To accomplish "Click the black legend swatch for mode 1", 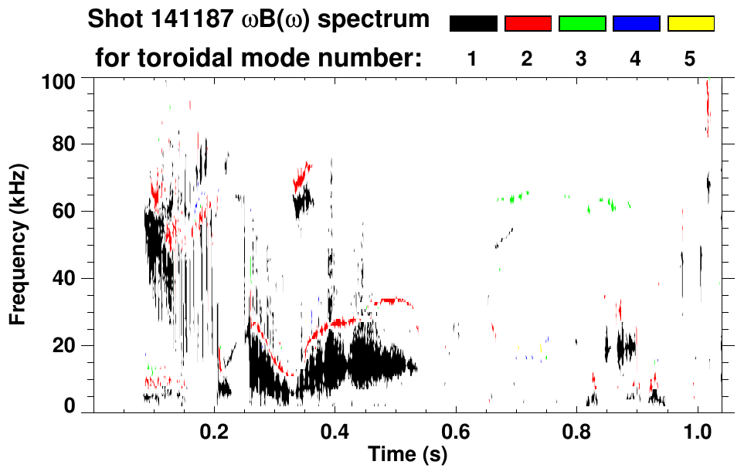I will (474, 24).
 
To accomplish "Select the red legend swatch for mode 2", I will (528, 24).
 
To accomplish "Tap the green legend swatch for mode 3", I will (582, 24).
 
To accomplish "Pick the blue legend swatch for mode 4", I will (636, 24).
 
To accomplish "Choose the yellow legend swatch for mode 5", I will (690, 24).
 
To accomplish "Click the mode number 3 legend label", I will (581, 59).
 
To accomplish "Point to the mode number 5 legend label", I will (690, 59).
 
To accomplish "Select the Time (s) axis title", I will (406, 454).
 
